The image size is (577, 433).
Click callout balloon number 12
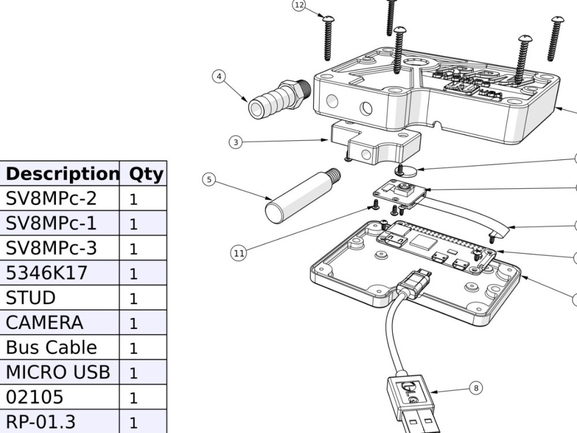[299, 5]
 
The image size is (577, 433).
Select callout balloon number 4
[219, 77]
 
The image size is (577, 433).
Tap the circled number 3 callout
[236, 142]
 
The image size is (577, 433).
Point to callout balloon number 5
[209, 180]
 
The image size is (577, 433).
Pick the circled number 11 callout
[238, 253]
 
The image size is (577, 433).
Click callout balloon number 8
[476, 388]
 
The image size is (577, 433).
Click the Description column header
[62, 174]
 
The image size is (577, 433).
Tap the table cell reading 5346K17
[47, 273]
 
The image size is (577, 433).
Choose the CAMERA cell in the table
[44, 323]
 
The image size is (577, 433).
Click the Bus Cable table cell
[51, 347]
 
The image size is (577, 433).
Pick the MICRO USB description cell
[58, 372]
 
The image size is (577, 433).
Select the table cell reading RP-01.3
[41, 422]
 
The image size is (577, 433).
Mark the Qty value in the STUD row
[133, 298]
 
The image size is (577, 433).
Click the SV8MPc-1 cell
[51, 223]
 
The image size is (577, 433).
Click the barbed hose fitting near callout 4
[280, 98]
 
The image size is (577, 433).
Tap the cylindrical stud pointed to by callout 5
[302, 196]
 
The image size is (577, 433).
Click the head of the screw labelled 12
[328, 18]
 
